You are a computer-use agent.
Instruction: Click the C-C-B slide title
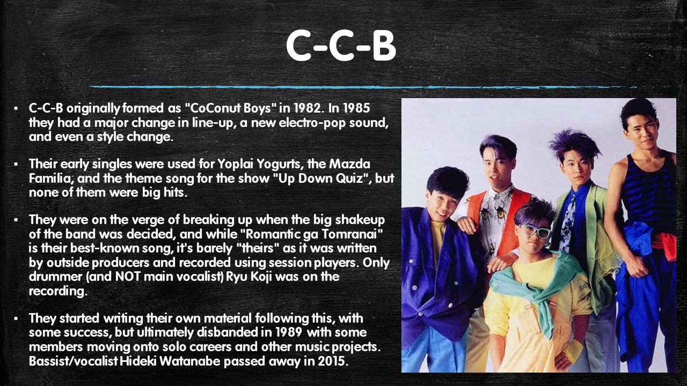pos(341,46)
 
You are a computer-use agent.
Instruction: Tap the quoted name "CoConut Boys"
pos(231,108)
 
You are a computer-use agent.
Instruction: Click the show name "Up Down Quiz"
pos(320,179)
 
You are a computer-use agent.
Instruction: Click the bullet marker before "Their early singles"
pos(16,165)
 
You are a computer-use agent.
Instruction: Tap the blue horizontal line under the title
pos(361,87)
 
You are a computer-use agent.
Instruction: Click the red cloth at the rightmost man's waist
pos(664,245)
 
